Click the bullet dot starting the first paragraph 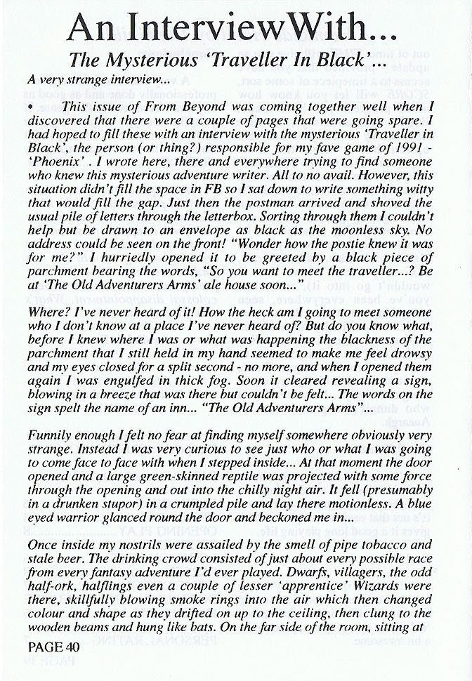32,106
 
